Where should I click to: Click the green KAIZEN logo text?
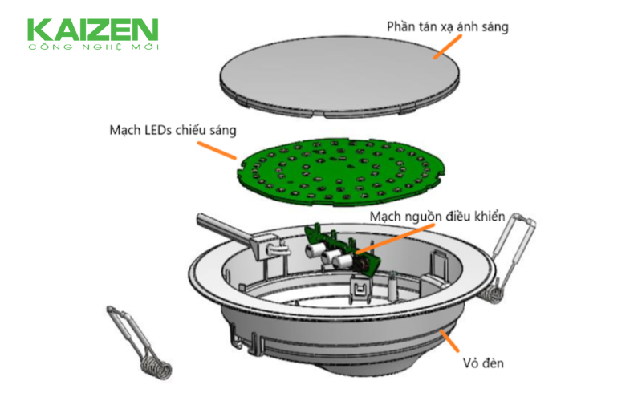(x=92, y=30)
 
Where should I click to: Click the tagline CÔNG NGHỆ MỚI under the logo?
(x=93, y=47)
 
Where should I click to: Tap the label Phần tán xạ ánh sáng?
(x=448, y=27)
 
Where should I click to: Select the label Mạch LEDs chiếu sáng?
(x=173, y=131)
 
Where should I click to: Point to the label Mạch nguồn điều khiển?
(x=437, y=217)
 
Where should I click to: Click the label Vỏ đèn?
(x=483, y=363)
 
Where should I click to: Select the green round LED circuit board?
(x=340, y=172)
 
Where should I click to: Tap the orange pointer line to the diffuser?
(x=448, y=47)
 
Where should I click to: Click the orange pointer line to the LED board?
(x=217, y=150)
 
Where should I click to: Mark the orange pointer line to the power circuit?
(x=395, y=238)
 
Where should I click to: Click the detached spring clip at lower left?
(x=139, y=342)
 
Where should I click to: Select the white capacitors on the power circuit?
(x=327, y=254)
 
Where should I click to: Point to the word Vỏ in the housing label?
(x=470, y=363)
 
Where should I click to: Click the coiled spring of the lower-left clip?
(x=156, y=367)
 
